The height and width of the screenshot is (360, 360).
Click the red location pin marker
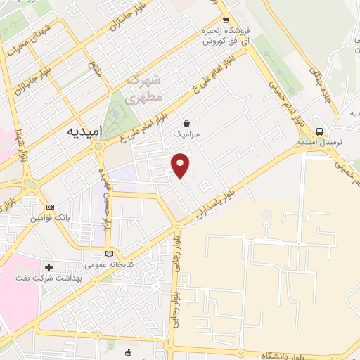pyautogui.click(x=181, y=165)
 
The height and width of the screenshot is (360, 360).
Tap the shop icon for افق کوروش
pyautogui.click(x=225, y=21)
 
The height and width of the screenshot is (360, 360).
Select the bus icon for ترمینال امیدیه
pyautogui.click(x=320, y=131)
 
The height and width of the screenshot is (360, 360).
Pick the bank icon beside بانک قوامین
pyautogui.click(x=49, y=207)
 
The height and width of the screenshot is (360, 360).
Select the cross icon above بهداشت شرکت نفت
pyautogui.click(x=49, y=267)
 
